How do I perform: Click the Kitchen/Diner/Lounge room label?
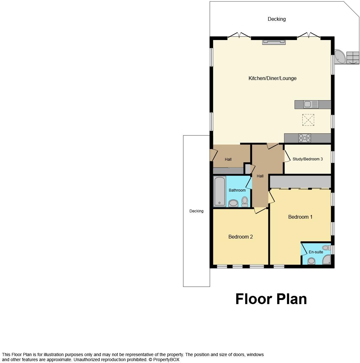point(272,78)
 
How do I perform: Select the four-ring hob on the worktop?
point(305,138)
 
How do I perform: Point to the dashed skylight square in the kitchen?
point(308,120)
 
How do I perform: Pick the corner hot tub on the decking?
point(340,56)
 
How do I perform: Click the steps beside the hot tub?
point(353,58)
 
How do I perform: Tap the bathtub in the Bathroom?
point(220,191)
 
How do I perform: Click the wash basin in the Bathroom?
point(233,203)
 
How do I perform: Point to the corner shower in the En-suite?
point(327,260)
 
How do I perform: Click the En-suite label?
point(316,252)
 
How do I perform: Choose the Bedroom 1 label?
point(300,217)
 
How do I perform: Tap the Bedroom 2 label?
point(240,237)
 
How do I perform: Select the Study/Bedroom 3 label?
point(307,159)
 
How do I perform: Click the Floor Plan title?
point(271,299)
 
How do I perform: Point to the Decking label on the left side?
point(196,211)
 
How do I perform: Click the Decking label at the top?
point(277,19)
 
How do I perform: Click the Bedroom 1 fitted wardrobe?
point(300,182)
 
